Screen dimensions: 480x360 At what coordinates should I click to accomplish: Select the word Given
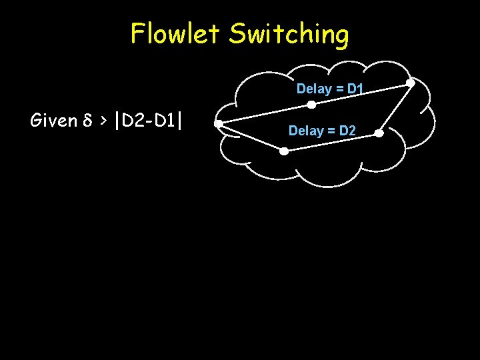point(53,121)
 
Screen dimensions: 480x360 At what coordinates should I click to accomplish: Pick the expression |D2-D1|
point(149,121)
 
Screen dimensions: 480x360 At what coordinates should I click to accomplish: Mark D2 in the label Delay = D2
point(347,131)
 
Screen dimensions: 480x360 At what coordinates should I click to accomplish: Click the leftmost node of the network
point(218,123)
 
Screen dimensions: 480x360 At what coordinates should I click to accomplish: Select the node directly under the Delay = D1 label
point(311,105)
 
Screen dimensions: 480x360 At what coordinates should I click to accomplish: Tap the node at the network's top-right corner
point(410,83)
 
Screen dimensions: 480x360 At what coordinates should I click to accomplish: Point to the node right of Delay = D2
point(378,133)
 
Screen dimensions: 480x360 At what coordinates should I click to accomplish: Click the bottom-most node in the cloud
point(283,151)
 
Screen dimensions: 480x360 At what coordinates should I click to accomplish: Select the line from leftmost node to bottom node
point(251,137)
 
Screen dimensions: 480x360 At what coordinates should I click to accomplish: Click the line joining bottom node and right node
point(331,143)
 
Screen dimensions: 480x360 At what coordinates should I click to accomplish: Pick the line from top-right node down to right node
point(394,109)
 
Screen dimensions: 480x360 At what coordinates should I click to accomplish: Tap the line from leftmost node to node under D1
point(265,114)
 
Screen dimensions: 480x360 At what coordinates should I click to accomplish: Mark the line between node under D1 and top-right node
point(361,94)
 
